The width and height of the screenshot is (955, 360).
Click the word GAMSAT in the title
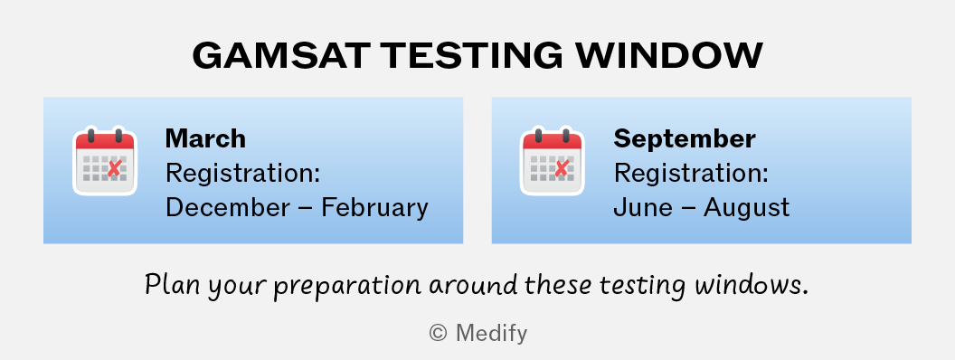click(x=280, y=55)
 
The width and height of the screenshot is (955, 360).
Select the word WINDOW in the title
click(x=669, y=55)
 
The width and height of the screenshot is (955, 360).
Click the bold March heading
click(x=205, y=139)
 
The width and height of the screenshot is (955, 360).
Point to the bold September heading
click(x=684, y=139)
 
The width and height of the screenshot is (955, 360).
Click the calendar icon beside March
click(x=105, y=161)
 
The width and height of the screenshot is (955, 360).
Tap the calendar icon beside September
click(x=552, y=161)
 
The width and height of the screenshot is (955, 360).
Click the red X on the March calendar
click(x=114, y=168)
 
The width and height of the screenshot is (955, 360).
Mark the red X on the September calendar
click(x=562, y=168)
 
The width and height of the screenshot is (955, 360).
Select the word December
click(x=228, y=208)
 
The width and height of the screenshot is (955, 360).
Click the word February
click(x=374, y=209)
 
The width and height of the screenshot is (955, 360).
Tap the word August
click(x=747, y=209)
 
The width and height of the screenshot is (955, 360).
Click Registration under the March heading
click(x=243, y=175)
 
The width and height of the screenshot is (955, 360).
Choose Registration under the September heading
click(x=691, y=175)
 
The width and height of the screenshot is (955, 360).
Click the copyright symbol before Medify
click(x=438, y=333)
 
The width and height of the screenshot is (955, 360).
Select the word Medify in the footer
click(x=491, y=334)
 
